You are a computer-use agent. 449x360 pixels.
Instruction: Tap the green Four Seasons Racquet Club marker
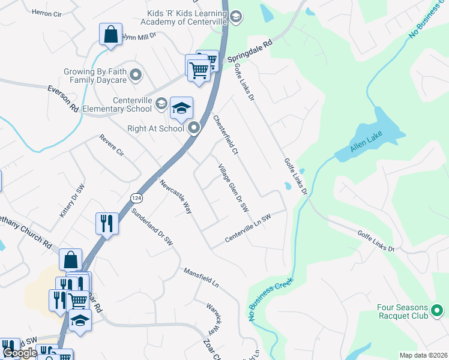click(x=437, y=310)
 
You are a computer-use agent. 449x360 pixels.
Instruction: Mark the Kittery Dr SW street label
click(x=70, y=201)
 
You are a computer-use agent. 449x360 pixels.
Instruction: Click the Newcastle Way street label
click(x=175, y=197)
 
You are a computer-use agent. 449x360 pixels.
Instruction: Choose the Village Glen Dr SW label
click(x=233, y=187)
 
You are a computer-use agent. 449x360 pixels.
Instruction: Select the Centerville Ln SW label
click(x=248, y=228)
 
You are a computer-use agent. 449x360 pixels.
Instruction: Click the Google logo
click(x=20, y=353)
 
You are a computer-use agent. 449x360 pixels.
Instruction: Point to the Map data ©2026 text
click(x=423, y=355)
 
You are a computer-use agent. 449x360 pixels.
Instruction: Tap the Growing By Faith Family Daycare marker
click(x=136, y=76)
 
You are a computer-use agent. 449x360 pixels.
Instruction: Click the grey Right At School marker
click(x=193, y=128)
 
